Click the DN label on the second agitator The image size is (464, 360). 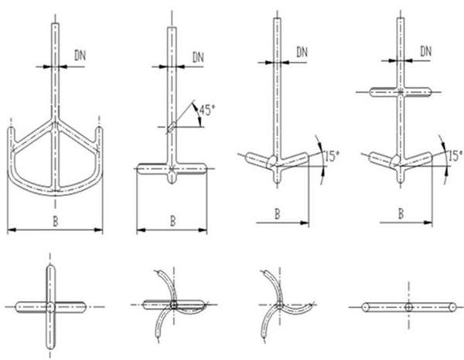click(197, 56)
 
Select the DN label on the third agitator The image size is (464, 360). click(302, 52)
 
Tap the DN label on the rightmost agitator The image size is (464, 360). click(425, 51)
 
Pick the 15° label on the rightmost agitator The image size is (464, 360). click(455, 155)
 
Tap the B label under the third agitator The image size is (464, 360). click(276, 213)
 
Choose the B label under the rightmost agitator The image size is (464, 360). click(401, 213)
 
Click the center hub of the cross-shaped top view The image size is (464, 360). click(50, 307)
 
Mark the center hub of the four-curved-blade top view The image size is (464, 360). click(173, 306)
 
